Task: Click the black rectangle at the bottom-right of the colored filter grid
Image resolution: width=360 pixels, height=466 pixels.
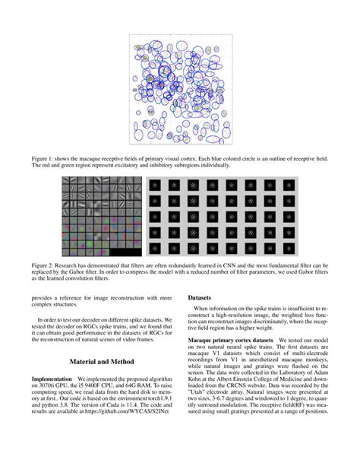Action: point(125,252)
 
